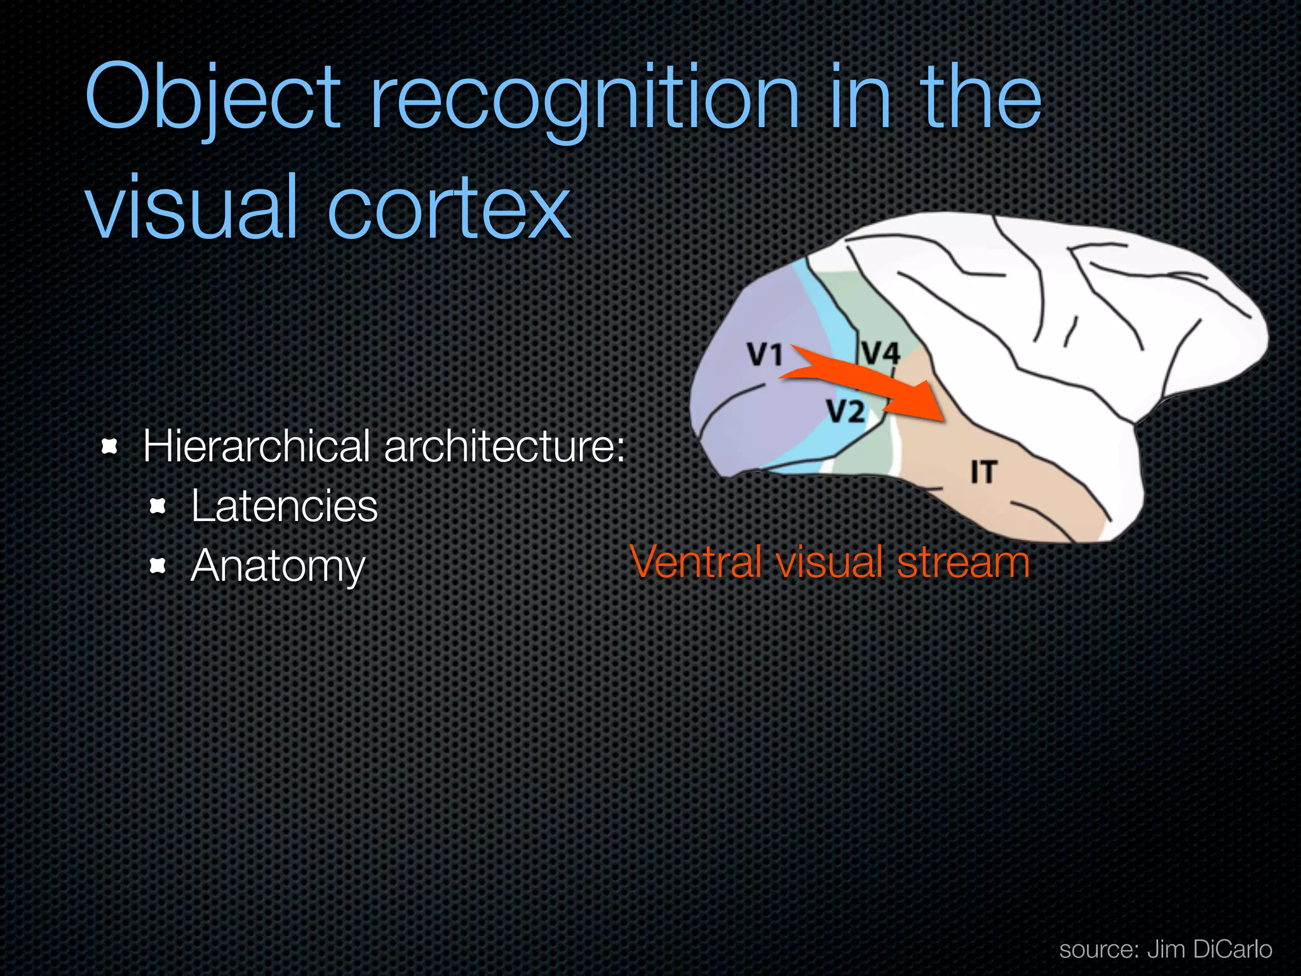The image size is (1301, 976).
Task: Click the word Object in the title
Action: pyautogui.click(x=213, y=98)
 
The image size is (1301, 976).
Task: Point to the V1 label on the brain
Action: pyautogui.click(x=764, y=355)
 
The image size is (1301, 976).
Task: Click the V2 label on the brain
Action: pyautogui.click(x=846, y=412)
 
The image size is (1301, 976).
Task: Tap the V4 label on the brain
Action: pyautogui.click(x=880, y=353)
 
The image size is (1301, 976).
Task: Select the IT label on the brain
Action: pyautogui.click(x=983, y=473)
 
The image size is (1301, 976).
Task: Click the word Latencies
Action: pyautogui.click(x=284, y=506)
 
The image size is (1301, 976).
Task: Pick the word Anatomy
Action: pyautogui.click(x=278, y=566)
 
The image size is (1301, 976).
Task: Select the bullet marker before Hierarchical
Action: pyautogui.click(x=110, y=447)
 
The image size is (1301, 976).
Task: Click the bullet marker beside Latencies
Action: pyautogui.click(x=158, y=506)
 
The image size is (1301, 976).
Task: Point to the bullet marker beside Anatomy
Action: pyautogui.click(x=158, y=566)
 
